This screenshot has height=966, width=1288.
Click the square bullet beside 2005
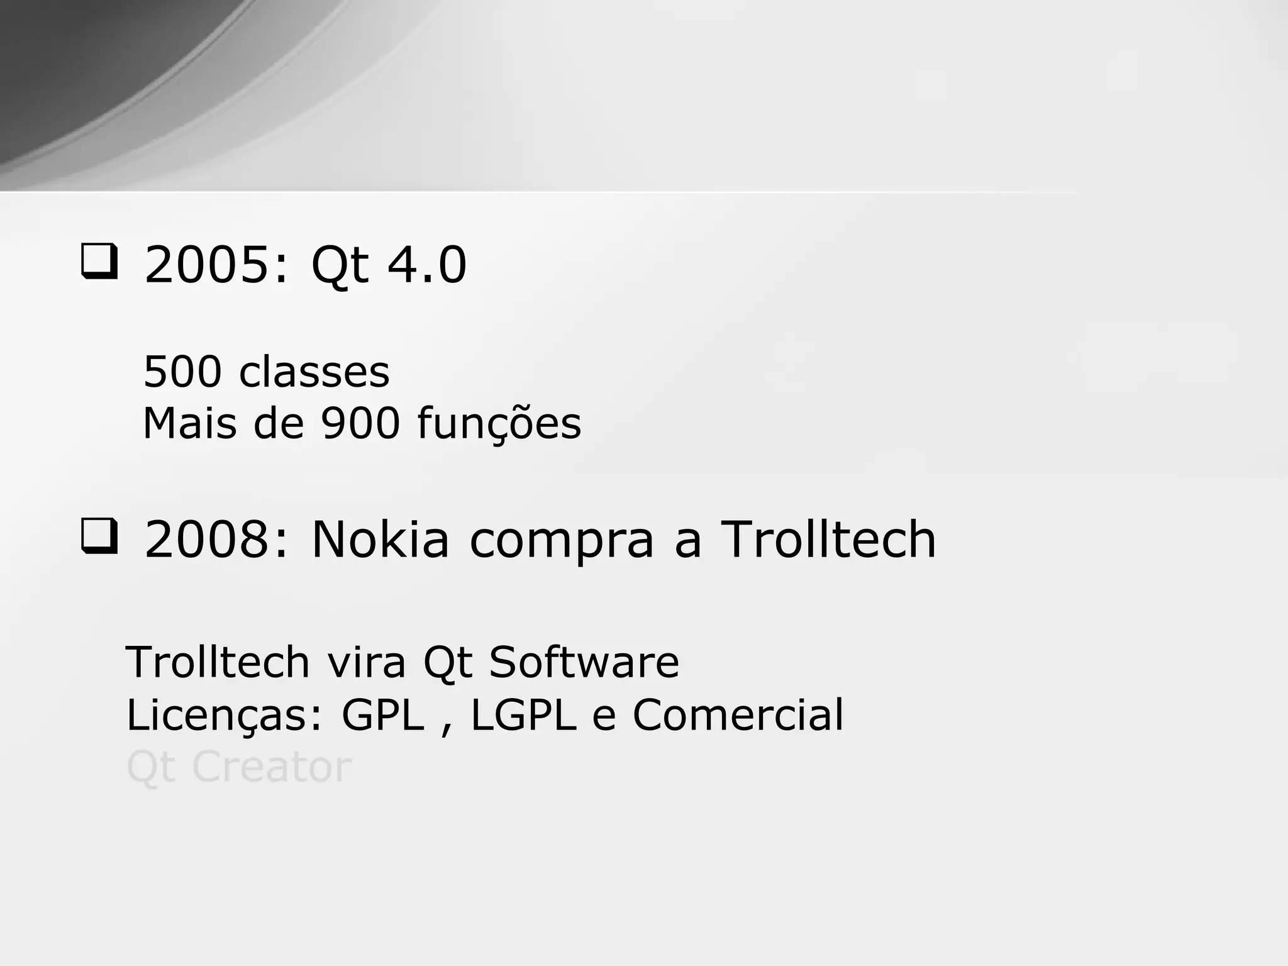[x=99, y=262]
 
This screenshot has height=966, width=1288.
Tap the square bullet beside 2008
[x=99, y=537]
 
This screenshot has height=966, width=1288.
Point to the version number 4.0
[x=427, y=265]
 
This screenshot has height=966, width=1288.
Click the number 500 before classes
[x=182, y=372]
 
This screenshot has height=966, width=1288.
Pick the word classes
[x=314, y=372]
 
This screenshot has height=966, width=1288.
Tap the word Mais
[x=190, y=423]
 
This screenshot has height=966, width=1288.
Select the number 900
[x=360, y=423]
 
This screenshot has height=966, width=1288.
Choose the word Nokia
[x=380, y=540]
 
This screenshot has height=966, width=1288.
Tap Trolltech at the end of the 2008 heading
[x=828, y=540]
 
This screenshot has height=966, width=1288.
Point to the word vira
[x=366, y=662]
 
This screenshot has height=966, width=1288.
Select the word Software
[x=584, y=662]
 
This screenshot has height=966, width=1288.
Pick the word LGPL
[x=523, y=715]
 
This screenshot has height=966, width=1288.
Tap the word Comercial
[x=738, y=715]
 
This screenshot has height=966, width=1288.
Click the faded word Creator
[x=272, y=767]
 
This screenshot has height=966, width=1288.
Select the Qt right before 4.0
[x=340, y=266]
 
